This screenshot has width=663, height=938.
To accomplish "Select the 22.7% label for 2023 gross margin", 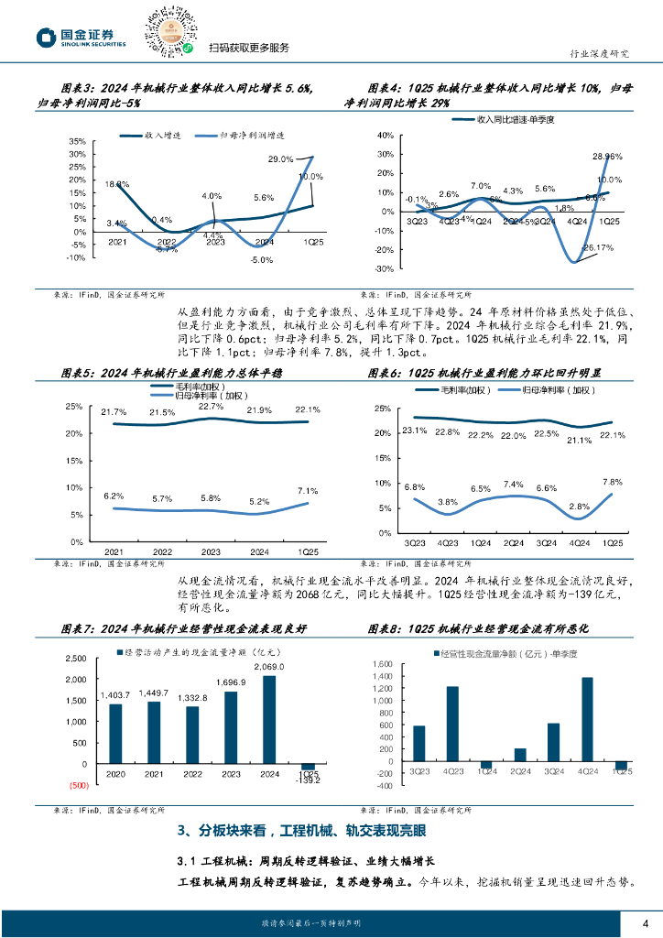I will pos(211,406).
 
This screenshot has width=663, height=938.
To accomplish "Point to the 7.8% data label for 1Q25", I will pos(612,482).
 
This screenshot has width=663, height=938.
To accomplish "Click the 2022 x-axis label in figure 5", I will pos(162,552).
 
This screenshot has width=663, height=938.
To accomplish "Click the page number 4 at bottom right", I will pos(646,922).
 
